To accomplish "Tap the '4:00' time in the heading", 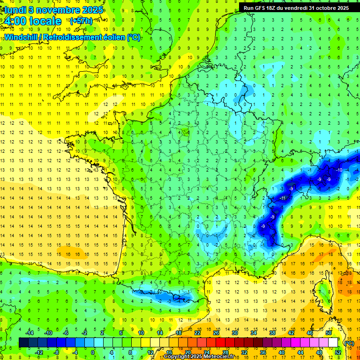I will click(x=15, y=21).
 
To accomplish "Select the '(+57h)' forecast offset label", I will click(x=81, y=21).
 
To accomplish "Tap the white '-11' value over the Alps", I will click(x=282, y=198).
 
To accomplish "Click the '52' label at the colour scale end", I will click(x=337, y=352).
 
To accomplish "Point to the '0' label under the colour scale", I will click(x=92, y=352).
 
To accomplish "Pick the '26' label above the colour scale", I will click(x=216, y=333).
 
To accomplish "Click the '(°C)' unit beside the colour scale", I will click(x=348, y=343).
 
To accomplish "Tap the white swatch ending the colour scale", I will click(x=333, y=343).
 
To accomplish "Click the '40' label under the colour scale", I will click(x=282, y=352).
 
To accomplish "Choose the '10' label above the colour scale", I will click(x=141, y=333).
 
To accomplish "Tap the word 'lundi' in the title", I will click(x=14, y=9).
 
